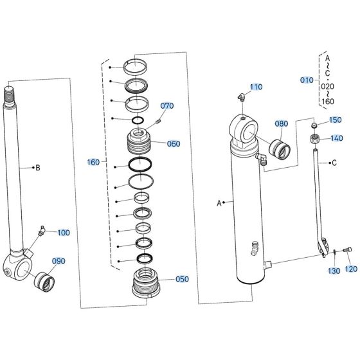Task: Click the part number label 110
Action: (x=256, y=87)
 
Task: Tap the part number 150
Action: (x=336, y=120)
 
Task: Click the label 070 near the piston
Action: (x=167, y=106)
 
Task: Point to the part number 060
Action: (x=174, y=143)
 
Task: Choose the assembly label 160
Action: (x=94, y=162)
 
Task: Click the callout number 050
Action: (x=182, y=279)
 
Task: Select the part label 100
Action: (x=64, y=232)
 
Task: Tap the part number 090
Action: (x=59, y=261)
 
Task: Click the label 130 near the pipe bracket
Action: (x=334, y=271)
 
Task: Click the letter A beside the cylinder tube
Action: (x=219, y=203)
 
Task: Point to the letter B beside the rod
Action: (x=37, y=168)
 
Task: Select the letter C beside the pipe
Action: (x=334, y=163)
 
